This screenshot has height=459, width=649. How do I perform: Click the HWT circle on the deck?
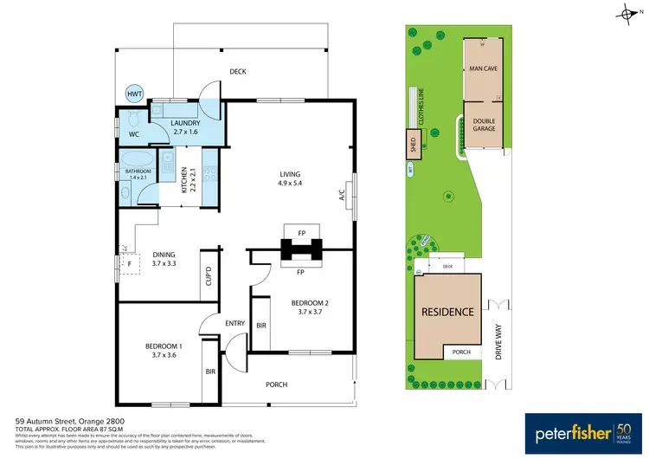(134, 94)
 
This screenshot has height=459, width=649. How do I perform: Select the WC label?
(134, 134)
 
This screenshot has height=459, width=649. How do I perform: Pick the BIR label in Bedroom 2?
(261, 326)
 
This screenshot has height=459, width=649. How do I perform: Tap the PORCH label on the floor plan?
(275, 385)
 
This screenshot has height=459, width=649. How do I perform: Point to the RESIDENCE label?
(447, 312)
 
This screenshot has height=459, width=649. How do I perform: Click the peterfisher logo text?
(557, 430)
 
